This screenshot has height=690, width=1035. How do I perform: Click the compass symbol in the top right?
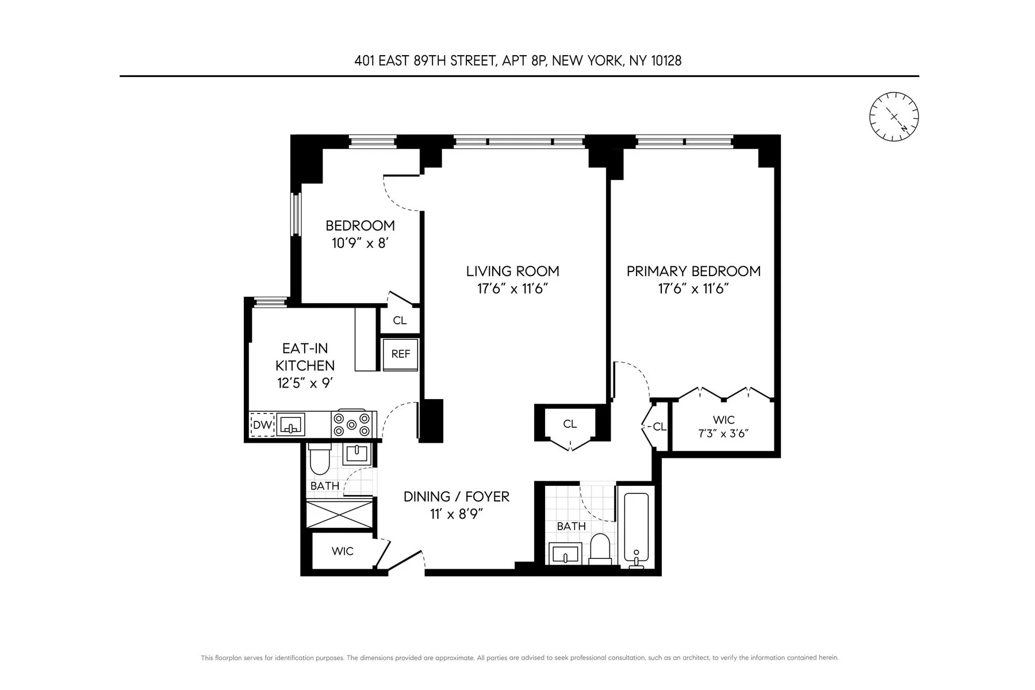[894, 117]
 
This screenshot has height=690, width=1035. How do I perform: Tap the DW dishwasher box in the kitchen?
[262, 425]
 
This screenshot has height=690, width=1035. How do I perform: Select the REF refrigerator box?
[400, 354]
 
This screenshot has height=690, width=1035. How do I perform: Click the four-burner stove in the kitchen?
[352, 424]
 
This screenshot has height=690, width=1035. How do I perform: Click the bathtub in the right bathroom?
[637, 527]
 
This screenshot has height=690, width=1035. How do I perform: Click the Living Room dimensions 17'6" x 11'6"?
[512, 289]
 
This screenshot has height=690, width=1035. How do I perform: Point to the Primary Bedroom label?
[693, 271]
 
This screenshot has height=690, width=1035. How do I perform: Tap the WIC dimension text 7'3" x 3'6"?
[723, 434]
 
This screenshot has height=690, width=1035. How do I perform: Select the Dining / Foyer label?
[456, 496]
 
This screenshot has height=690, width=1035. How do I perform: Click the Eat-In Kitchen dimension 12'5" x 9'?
[305, 383]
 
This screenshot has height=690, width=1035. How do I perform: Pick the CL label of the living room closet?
[569, 424]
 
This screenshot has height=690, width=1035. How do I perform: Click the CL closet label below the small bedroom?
[400, 321]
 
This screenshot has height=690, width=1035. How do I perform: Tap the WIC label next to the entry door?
[342, 551]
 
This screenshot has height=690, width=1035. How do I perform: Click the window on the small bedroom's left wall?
[296, 214]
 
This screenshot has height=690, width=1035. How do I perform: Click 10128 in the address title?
[666, 61]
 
